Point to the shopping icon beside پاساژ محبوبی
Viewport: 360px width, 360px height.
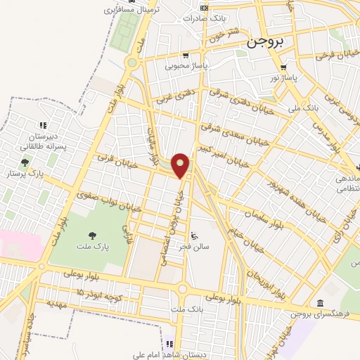pos(185,56)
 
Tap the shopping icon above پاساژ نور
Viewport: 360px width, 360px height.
pos(283,67)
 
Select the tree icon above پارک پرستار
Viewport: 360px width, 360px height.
pos(25,162)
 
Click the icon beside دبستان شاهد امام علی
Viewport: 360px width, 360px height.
pos(169,344)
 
